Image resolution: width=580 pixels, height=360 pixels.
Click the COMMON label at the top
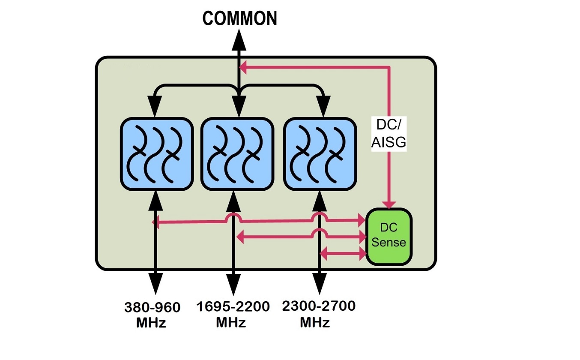[x=239, y=18]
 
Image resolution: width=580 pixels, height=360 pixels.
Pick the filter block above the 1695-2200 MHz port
[x=237, y=154]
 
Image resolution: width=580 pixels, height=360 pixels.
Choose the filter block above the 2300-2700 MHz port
[x=320, y=154]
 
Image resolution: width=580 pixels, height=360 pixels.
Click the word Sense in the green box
[x=389, y=242]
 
